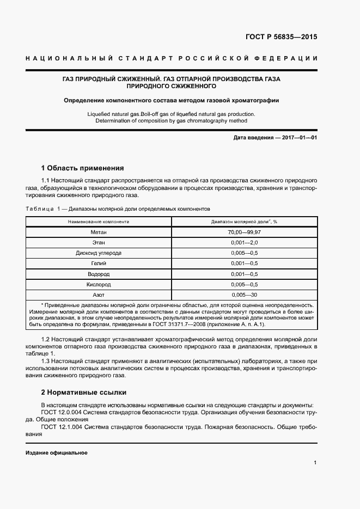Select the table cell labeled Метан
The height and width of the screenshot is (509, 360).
click(99, 232)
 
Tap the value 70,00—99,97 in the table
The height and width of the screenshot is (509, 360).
click(245, 232)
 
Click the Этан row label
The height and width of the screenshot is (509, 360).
click(99, 243)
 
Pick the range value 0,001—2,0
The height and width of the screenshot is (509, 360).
click(245, 243)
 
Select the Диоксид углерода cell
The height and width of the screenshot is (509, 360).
click(99, 253)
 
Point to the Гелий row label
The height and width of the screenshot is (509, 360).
click(99, 263)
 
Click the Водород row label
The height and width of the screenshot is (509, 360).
click(99, 274)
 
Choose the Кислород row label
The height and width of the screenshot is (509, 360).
click(99, 284)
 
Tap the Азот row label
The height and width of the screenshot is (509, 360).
click(99, 295)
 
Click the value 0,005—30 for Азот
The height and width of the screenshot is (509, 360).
click(245, 295)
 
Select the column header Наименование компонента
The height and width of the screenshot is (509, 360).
click(99, 222)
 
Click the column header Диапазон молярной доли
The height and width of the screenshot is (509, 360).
click(245, 222)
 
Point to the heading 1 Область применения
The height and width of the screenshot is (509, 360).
click(83, 168)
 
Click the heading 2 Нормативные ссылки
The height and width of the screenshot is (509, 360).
click(86, 392)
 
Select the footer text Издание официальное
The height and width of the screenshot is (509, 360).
click(57, 453)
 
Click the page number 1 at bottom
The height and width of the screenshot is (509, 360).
click(315, 463)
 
